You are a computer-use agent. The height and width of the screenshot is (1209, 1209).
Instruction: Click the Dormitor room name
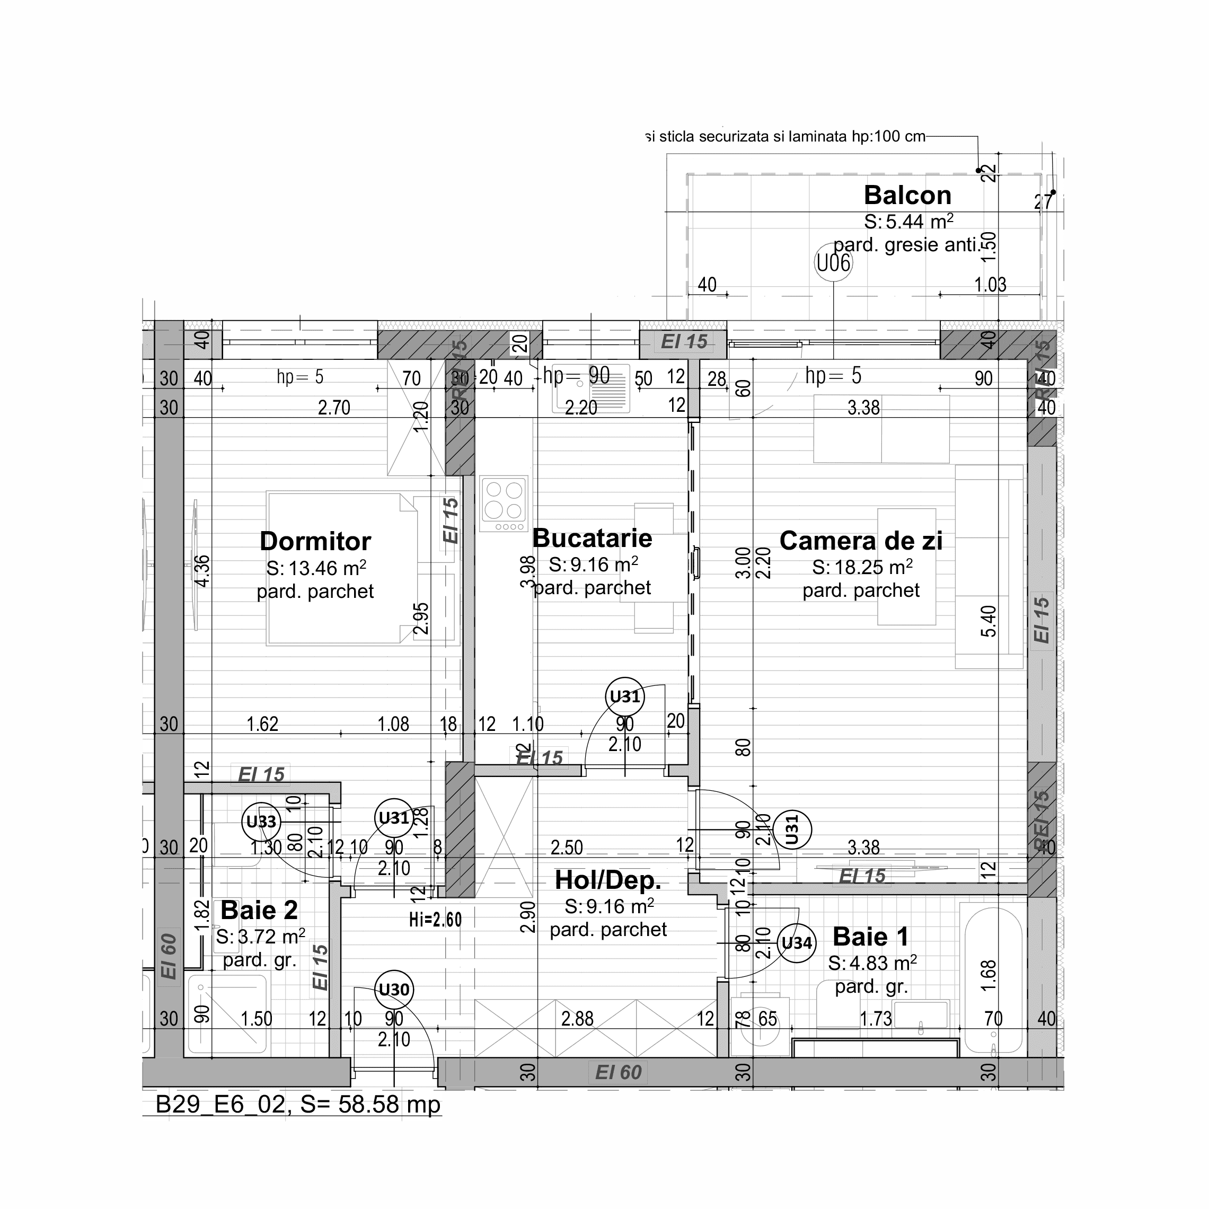pos(315,541)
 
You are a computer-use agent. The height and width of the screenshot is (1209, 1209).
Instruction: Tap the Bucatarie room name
pos(592,538)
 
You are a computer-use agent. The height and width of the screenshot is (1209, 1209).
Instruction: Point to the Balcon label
pos(907,195)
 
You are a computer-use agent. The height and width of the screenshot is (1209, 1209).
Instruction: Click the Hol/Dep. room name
pos(607,880)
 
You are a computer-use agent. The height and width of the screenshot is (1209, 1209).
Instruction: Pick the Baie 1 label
pos(870,937)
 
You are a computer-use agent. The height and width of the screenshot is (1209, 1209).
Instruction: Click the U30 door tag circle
pos(394,990)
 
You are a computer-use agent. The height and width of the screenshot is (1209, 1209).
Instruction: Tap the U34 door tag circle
pos(797,943)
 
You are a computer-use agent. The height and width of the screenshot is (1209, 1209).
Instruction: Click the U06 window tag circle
pos(834,263)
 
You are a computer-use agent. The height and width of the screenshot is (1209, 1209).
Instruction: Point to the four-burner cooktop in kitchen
pos(504,505)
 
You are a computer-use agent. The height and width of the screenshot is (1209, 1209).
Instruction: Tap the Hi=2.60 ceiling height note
pos(436,919)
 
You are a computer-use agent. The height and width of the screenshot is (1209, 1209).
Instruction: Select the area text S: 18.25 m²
pos(862,568)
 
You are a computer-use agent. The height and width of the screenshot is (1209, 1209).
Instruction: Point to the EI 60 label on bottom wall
pos(618,1073)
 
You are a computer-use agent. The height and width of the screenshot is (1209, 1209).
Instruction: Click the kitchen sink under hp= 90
pos(592,389)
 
